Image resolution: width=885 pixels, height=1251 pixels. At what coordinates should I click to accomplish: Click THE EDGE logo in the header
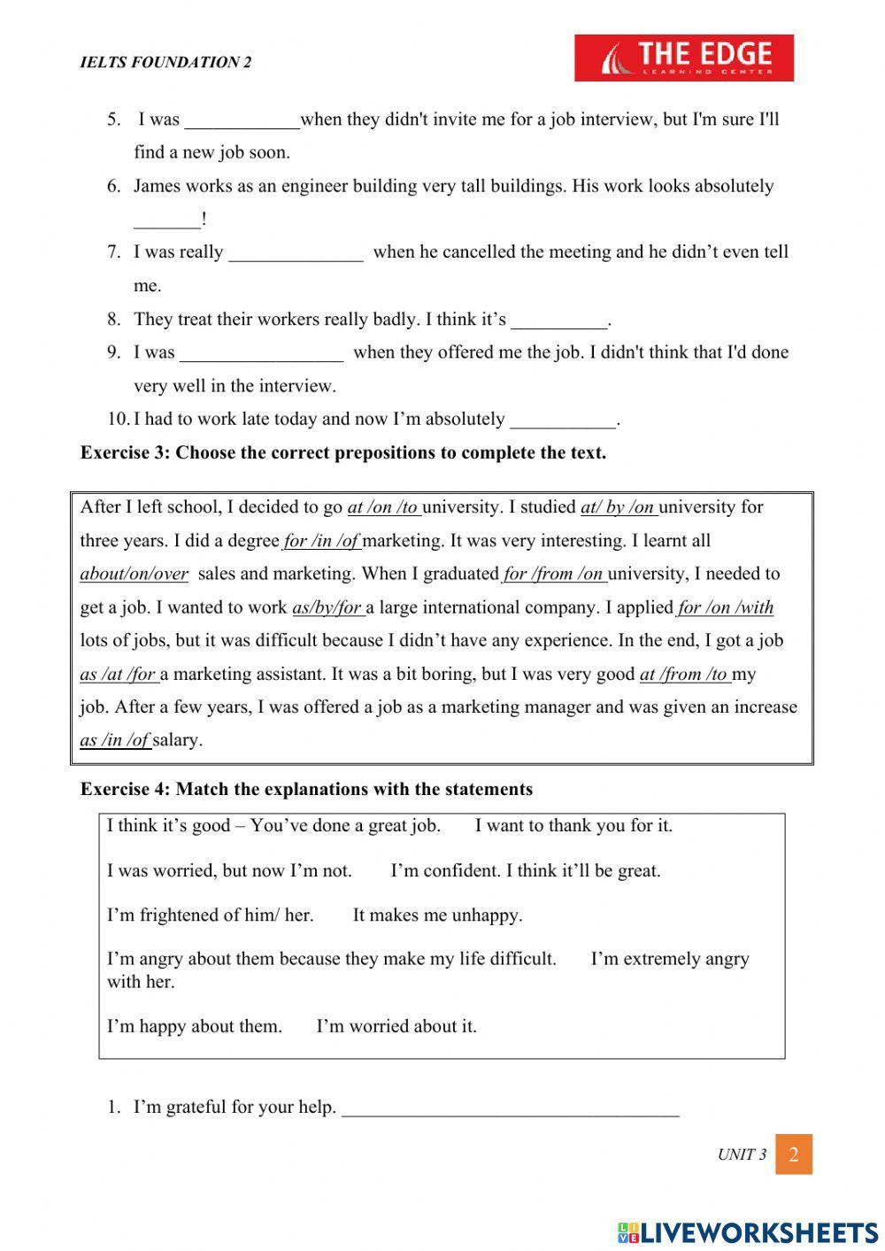[683, 58]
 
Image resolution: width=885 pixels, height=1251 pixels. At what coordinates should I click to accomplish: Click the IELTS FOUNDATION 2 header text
[165, 62]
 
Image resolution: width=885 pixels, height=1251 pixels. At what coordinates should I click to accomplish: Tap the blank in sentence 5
[242, 120]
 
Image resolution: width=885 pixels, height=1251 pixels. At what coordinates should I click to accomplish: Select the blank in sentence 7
[296, 253]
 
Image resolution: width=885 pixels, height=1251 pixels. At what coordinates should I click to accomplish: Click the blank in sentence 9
[261, 353]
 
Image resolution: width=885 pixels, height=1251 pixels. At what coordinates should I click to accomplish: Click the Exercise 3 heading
[342, 453]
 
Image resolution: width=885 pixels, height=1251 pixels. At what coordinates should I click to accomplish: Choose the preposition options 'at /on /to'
[384, 507]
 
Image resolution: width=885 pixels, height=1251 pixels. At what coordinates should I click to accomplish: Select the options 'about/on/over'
[134, 574]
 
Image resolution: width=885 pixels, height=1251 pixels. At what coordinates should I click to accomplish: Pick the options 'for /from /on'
[554, 574]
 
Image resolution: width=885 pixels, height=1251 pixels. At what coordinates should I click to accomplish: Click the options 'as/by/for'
[327, 607]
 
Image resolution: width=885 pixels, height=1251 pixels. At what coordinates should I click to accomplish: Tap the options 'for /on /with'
[725, 607]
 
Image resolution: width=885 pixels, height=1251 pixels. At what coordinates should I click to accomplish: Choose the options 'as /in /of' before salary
[115, 740]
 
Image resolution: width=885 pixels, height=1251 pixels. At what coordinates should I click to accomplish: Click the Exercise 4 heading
[306, 789]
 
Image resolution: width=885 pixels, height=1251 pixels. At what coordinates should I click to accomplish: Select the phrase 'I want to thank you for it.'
[573, 826]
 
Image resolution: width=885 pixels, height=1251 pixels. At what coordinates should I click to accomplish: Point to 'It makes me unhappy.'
[437, 915]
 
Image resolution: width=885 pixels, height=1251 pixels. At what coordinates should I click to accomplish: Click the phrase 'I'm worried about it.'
[396, 1027]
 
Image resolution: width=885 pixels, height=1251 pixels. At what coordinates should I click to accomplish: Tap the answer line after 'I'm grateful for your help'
[510, 1108]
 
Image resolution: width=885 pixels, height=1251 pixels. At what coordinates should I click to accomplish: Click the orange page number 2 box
[793, 1154]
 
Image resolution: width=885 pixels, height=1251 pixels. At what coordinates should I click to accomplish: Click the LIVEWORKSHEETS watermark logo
[747, 1232]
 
